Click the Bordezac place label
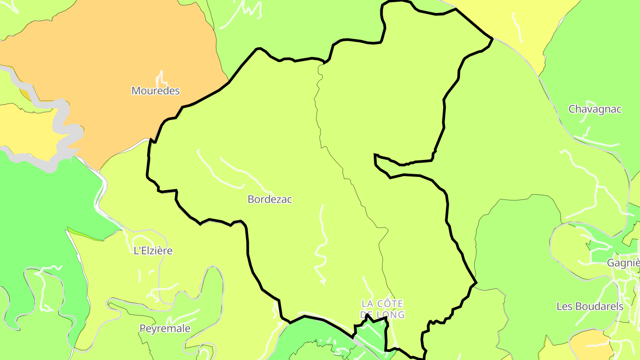[270, 200]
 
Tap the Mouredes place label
[156, 91]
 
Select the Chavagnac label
[595, 109]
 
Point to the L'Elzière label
[153, 251]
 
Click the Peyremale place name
[165, 328]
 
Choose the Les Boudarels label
[590, 306]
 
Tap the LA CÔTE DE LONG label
[383, 309]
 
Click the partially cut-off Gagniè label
[623, 263]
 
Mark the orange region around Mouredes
[111, 53]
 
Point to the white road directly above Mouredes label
[161, 77]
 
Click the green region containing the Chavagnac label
[596, 67]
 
